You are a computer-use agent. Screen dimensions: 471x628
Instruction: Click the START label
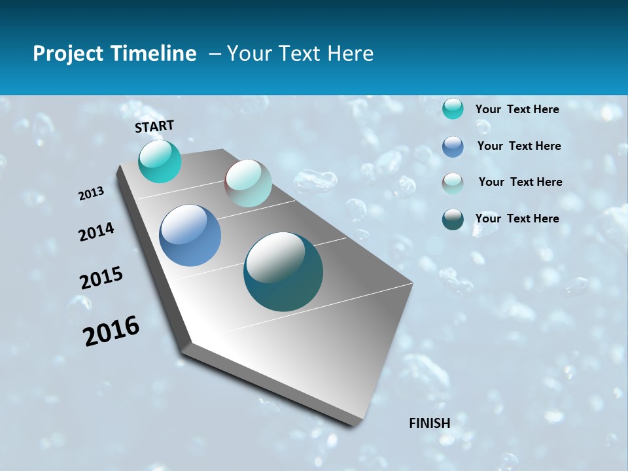154,126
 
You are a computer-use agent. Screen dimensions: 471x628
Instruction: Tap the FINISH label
429,423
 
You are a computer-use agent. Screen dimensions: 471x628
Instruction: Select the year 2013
91,194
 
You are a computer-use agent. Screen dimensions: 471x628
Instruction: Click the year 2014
96,232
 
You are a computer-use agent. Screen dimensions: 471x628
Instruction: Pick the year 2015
101,278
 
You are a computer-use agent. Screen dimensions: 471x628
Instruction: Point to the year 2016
111,330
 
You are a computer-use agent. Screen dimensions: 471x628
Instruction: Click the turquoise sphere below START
160,162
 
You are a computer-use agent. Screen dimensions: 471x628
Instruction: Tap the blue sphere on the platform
190,235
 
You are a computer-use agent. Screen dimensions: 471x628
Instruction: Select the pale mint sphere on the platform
248,183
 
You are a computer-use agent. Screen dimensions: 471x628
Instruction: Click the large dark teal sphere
283,271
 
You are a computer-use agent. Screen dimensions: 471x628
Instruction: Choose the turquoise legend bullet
453,109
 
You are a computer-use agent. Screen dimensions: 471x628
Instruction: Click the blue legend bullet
453,147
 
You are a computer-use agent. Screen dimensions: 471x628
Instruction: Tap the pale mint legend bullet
453,183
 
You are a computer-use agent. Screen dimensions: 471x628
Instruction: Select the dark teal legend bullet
453,219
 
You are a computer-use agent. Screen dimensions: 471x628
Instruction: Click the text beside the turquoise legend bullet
517,109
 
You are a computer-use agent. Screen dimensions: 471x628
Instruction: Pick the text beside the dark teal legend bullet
517,218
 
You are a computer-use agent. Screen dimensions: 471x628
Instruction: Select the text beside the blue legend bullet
519,146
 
